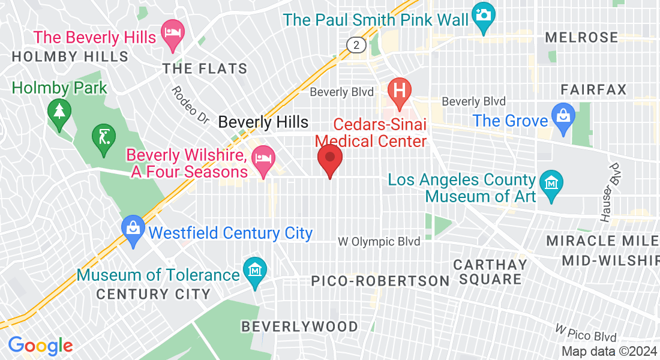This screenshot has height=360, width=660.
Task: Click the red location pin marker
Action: coord(329,160)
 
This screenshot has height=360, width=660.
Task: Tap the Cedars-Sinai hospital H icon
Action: coord(398,91)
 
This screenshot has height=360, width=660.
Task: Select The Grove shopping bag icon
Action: coord(564,114)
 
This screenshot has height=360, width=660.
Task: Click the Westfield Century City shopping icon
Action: coord(132,228)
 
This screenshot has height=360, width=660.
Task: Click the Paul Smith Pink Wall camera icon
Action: coord(483,13)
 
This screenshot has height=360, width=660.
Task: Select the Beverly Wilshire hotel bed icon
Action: coord(263,159)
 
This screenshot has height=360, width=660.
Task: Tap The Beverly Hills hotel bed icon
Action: coord(173,31)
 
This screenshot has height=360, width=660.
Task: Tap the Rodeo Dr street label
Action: coord(189,105)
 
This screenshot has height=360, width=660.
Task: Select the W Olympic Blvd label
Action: coord(379,242)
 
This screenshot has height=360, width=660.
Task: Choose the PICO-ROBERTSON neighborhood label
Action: coord(380,281)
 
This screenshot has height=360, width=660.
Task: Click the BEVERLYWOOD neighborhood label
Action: coord(299,327)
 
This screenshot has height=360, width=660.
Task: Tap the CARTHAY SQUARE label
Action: coord(490,272)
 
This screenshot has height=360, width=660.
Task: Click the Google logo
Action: coord(40,346)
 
